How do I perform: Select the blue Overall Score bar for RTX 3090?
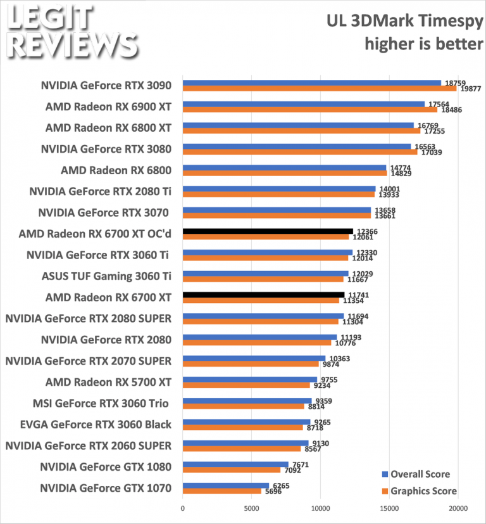click(x=311, y=82)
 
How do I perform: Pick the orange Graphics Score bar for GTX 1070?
click(x=221, y=491)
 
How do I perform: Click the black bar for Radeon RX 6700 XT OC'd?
click(x=268, y=231)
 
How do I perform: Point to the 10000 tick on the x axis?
click(x=320, y=508)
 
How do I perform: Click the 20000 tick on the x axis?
click(x=458, y=508)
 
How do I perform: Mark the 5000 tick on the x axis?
click(x=251, y=508)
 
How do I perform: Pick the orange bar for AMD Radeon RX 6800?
click(x=285, y=173)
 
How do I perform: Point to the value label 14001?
click(x=388, y=189)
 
